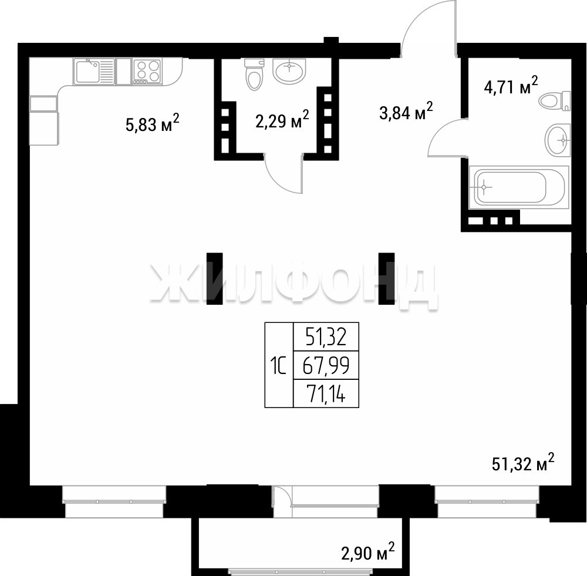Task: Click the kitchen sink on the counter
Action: pos(94,71)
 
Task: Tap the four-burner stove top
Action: pos(147,71)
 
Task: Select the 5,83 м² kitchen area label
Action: pos(153,123)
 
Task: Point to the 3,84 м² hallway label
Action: pos(406,111)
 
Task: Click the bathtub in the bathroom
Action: pos(519,187)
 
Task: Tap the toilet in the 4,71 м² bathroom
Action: pos(555,101)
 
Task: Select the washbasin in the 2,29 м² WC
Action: pos(289,71)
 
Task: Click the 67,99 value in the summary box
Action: pos(326,366)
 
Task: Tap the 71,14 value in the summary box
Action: pos(326,393)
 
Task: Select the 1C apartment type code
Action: pos(278,366)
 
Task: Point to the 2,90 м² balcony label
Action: pos(367,552)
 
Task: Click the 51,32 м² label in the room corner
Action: pos(523,463)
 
